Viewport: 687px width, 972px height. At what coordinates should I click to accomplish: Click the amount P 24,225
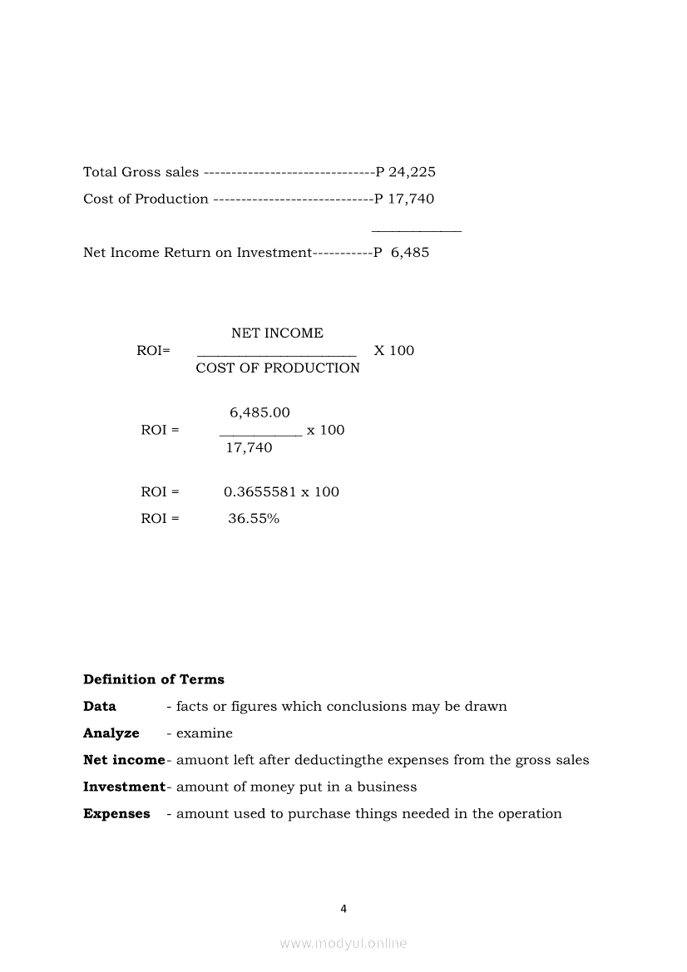406,173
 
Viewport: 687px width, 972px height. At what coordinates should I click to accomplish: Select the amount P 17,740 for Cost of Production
404,200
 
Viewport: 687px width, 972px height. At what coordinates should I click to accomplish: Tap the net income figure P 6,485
402,253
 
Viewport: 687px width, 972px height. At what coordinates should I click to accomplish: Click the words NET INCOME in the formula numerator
277,333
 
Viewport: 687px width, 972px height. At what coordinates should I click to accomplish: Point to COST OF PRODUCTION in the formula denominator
278,368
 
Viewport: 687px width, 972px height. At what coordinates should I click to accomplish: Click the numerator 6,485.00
259,413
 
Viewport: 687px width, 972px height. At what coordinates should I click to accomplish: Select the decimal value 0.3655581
260,492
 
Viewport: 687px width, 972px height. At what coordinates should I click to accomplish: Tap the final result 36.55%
254,519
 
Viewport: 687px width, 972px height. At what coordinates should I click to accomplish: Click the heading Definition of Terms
154,680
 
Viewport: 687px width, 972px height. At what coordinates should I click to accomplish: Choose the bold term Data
100,707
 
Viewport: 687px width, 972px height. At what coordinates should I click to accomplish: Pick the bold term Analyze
111,733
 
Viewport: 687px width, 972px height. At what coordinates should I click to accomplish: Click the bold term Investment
124,787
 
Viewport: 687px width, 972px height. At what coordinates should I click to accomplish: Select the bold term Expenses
116,814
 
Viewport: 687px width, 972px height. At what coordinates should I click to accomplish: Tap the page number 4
343,909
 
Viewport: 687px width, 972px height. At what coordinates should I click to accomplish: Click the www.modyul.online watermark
343,944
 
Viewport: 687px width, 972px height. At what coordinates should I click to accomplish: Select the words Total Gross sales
141,173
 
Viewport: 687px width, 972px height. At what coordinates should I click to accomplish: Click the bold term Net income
124,760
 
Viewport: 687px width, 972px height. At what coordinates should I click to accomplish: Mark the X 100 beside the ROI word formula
393,351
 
